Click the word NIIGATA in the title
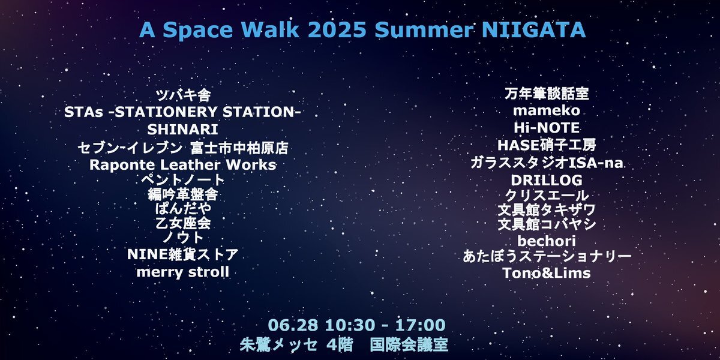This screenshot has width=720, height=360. coord(533,29)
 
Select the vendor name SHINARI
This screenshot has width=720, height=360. coord(182,130)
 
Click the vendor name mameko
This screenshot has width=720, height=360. coord(547,110)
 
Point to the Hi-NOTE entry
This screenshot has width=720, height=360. coord(547,128)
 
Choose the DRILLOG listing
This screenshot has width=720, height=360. coord(547,181)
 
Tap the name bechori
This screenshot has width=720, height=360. coord(547,241)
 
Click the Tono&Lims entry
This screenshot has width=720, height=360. coord(547,273)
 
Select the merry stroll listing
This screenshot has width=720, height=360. coord(182,272)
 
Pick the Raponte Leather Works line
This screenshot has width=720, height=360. coord(182,165)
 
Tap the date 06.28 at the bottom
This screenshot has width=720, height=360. coord(293,325)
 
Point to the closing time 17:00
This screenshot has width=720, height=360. coord(421,325)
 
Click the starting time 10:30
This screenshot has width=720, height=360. coord(350,325)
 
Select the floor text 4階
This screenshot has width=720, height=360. coord(340,345)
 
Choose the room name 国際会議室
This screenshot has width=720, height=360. coord(409,345)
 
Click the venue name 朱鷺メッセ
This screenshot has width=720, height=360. coord(278,345)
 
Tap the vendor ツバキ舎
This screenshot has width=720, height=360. coord(183,95)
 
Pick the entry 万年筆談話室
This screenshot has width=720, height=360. coord(547,94)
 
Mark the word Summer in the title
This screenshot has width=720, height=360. coord(424,29)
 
